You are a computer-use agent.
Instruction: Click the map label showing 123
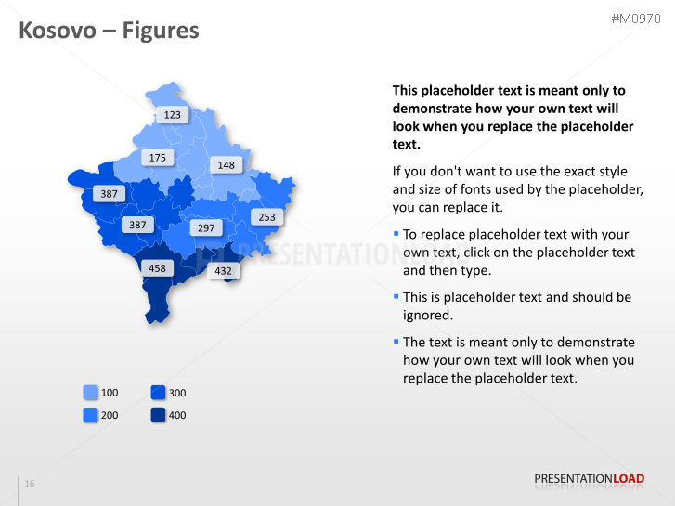click(x=172, y=115)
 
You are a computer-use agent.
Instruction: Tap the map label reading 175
click(x=158, y=158)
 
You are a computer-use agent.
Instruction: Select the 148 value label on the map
click(x=226, y=165)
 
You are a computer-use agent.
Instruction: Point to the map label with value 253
click(x=266, y=217)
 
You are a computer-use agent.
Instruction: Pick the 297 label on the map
click(x=206, y=228)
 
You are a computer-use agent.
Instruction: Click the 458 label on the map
click(x=157, y=268)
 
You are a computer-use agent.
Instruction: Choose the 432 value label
click(x=223, y=271)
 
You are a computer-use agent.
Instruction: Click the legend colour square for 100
click(x=91, y=393)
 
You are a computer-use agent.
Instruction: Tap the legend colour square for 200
click(x=91, y=415)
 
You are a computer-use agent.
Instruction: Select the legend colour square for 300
click(x=159, y=393)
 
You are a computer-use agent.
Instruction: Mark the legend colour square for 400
click(x=159, y=415)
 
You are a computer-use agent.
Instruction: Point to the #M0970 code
click(x=635, y=19)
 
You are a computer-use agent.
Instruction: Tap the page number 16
click(x=30, y=484)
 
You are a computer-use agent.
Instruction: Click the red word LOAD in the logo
click(x=629, y=479)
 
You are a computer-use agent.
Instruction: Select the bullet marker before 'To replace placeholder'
click(x=396, y=234)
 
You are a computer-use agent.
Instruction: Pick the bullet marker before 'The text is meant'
click(x=396, y=342)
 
